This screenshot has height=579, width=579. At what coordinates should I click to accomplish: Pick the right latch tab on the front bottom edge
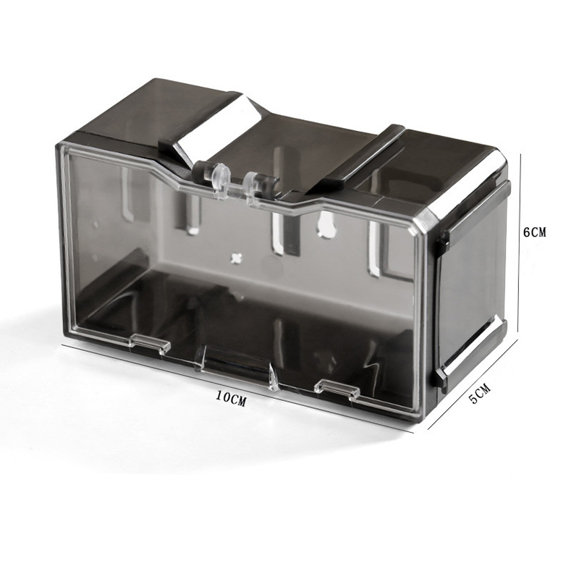(337, 388)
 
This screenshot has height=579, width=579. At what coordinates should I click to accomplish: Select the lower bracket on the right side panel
(470, 355)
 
